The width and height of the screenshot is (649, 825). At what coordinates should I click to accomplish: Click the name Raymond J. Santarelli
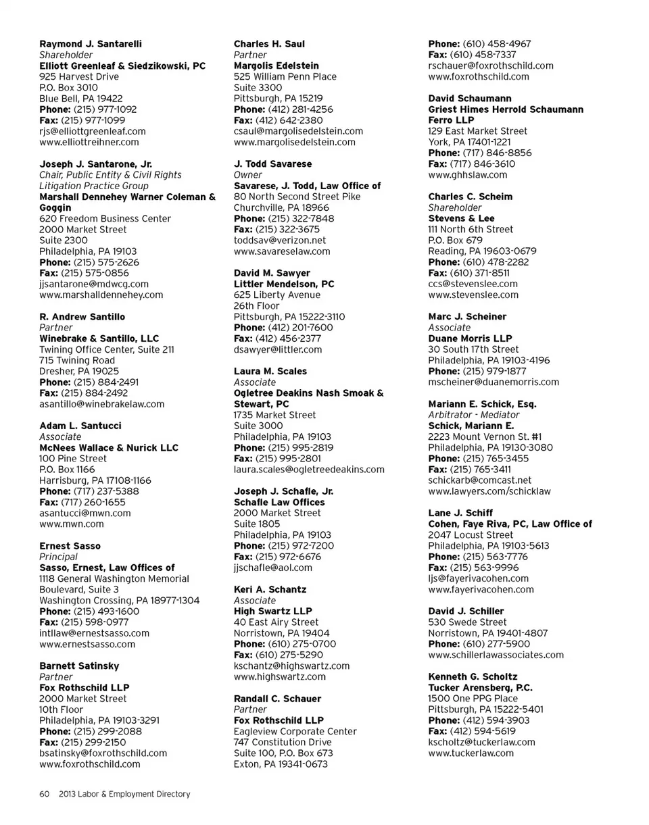coord(91,44)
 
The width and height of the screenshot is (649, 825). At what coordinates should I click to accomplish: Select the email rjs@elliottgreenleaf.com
coord(93,131)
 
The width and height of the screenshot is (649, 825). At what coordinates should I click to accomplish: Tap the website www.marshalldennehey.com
coord(101,295)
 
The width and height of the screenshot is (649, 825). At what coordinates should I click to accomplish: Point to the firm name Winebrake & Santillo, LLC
coord(99,338)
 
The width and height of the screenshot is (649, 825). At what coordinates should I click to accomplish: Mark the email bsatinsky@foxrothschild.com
coord(103,753)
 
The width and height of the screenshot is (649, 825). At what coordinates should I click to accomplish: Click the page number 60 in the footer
coord(45,794)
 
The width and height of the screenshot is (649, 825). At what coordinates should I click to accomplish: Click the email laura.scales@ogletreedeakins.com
coord(309,469)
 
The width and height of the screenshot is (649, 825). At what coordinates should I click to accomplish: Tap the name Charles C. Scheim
coord(471,197)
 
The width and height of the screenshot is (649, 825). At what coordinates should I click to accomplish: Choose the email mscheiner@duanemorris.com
coord(494,382)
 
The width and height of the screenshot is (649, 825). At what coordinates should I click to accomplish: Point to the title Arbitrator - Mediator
coord(474,415)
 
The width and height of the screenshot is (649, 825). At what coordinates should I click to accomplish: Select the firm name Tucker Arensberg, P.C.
coord(481,687)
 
